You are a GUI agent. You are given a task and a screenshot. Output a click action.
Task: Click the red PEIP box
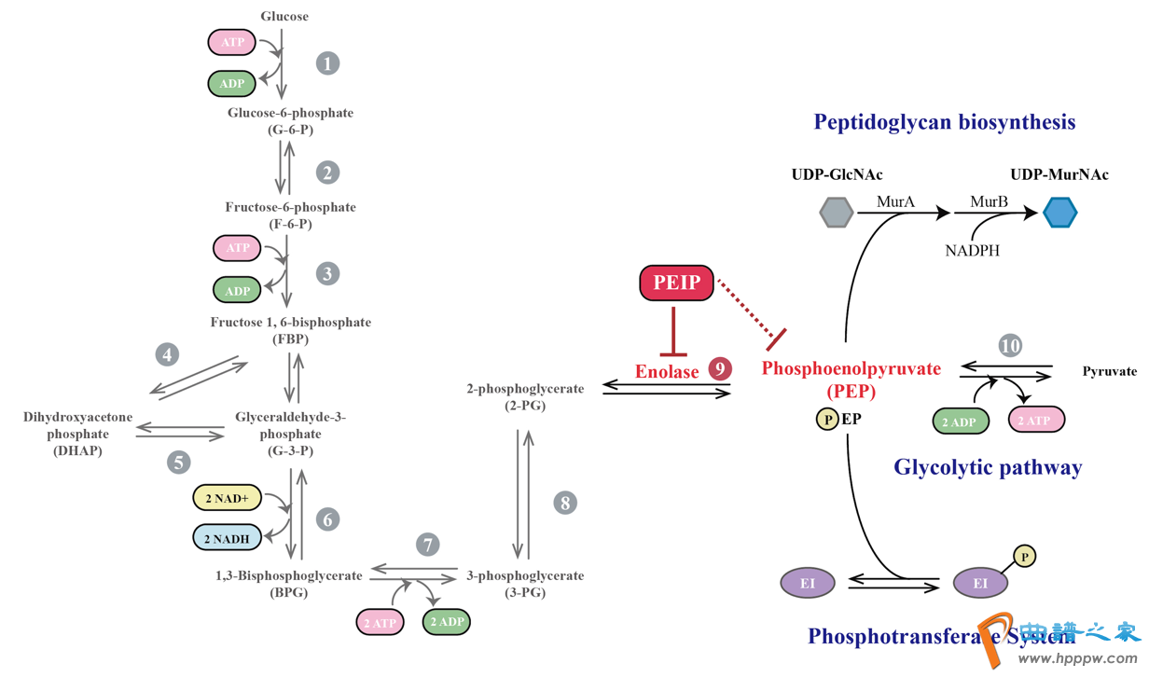[676, 283]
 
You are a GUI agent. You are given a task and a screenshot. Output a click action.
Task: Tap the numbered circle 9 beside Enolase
[719, 369]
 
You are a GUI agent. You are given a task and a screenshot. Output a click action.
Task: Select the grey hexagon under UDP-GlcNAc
[836, 213]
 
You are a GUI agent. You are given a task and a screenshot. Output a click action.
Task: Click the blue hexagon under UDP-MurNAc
[1059, 213]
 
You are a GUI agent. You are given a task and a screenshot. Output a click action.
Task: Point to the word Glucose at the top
[284, 16]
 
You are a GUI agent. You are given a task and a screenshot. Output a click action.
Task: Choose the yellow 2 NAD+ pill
[227, 499]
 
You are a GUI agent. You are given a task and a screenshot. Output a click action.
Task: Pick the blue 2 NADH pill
[227, 539]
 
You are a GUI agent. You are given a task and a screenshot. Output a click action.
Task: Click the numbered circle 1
[327, 63]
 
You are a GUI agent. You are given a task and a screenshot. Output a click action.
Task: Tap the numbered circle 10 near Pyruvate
[1009, 346]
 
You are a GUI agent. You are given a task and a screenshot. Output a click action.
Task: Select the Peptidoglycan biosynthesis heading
[944, 122]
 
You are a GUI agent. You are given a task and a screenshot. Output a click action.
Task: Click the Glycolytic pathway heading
[988, 467]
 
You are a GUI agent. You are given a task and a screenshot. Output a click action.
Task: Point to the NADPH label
[972, 250]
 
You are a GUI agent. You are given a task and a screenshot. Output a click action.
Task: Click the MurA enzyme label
[895, 201]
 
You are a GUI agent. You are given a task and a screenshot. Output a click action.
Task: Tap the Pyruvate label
[1109, 371]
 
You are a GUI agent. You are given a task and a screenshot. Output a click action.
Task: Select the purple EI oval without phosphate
[807, 584]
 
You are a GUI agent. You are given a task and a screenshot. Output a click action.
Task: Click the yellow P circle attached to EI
[1024, 557]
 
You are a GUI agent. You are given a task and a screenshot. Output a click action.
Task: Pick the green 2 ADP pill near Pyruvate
[960, 421]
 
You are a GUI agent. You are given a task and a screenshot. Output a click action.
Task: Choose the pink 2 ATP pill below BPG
[380, 622]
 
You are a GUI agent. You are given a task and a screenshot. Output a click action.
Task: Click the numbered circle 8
[564, 504]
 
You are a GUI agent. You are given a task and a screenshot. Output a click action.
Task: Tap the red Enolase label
[667, 371]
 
